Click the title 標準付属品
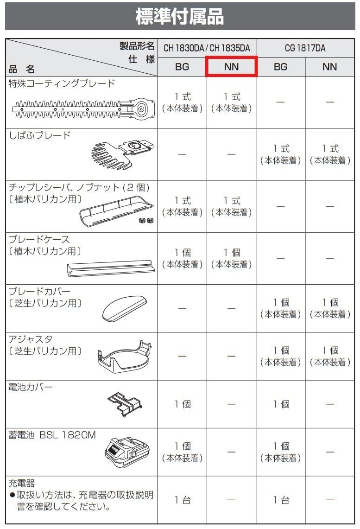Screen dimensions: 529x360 tap(180, 17)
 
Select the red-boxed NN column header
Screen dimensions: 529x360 tap(231, 67)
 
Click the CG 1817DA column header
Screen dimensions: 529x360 tap(305, 48)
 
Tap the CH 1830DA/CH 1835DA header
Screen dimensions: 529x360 tap(207, 48)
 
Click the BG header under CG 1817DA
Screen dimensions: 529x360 tap(280, 67)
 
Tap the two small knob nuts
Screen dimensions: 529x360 tap(145, 220)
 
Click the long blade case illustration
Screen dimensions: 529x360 tap(110, 268)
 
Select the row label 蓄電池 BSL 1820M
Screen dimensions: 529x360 tap(52, 435)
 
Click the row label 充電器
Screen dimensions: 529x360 tap(22, 483)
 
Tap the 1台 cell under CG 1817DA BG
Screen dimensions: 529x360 tap(280, 500)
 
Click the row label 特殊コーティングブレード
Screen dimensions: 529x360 tap(62, 83)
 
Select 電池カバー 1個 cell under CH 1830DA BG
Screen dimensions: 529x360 tap(183, 404)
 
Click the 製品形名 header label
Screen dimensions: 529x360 tap(137, 45)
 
